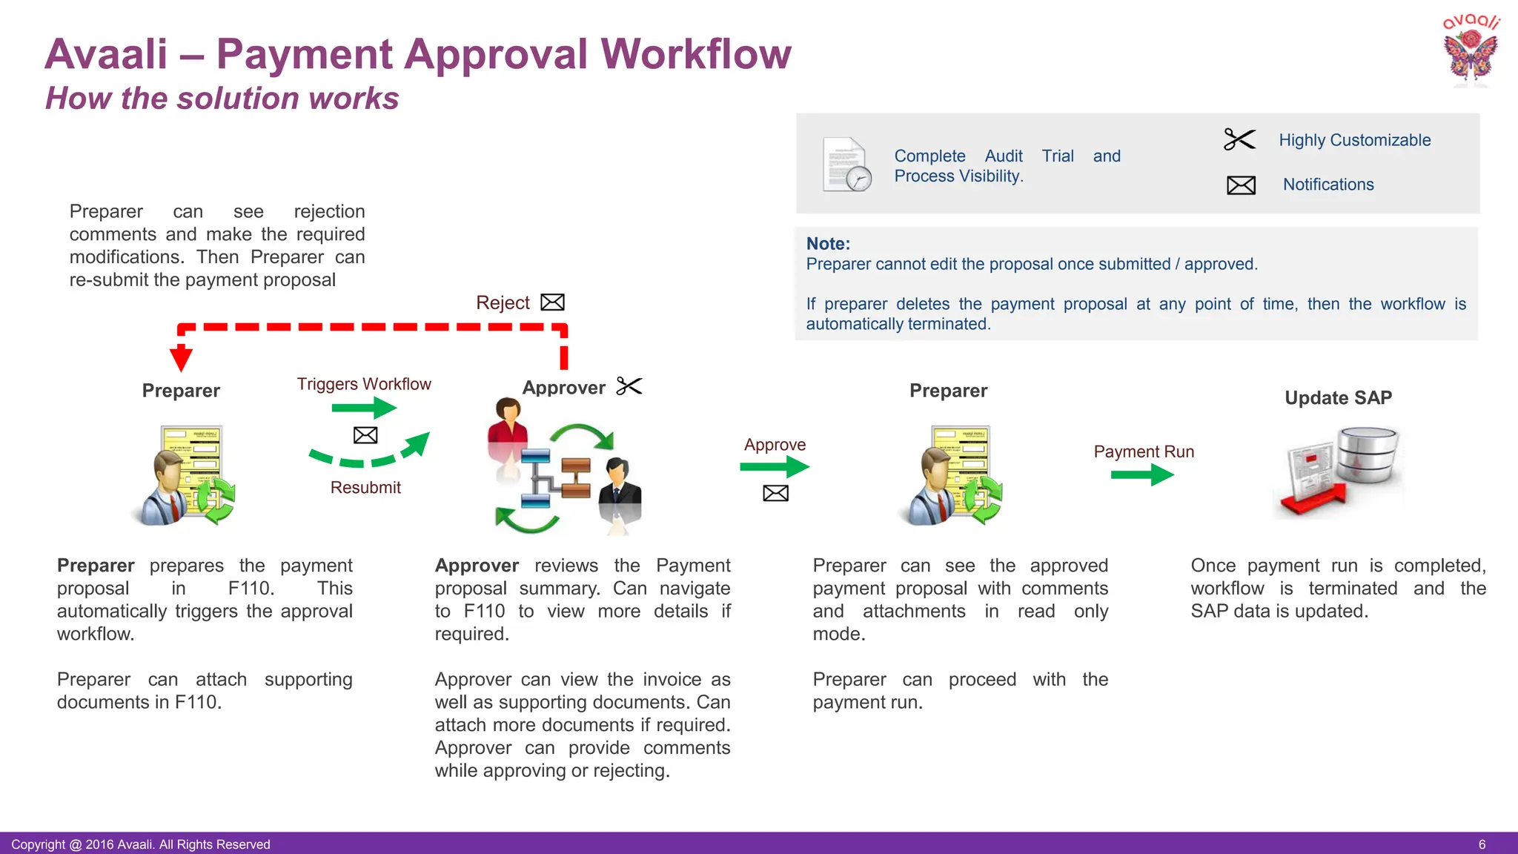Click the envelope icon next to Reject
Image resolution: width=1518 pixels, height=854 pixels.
pyautogui.click(x=552, y=302)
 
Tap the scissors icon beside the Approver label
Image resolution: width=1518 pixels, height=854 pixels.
pyautogui.click(x=629, y=386)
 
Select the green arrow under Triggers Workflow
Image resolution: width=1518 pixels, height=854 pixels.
pyautogui.click(x=364, y=408)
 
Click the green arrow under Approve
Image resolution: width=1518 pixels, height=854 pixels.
pyautogui.click(x=775, y=467)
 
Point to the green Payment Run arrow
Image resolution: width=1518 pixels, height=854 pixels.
pyautogui.click(x=1142, y=474)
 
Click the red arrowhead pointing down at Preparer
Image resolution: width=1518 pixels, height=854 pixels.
pyautogui.click(x=181, y=359)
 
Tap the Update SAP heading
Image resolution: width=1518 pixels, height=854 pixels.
pyautogui.click(x=1338, y=398)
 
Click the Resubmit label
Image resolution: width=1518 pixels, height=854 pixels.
pyautogui.click(x=365, y=488)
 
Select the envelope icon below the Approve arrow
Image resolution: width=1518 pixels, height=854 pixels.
pyautogui.click(x=775, y=494)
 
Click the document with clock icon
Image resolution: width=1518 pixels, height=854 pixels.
pyautogui.click(x=846, y=165)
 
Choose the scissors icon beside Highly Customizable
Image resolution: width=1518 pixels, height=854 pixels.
pyautogui.click(x=1239, y=139)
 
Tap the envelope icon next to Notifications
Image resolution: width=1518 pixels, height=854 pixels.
pyautogui.click(x=1241, y=185)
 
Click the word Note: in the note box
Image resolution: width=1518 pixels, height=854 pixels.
pyautogui.click(x=828, y=244)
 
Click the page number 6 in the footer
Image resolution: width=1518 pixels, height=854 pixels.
pyautogui.click(x=1482, y=844)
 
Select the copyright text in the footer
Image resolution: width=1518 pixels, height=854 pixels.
pyautogui.click(x=141, y=844)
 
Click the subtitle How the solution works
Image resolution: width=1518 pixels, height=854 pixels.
pyautogui.click(x=222, y=99)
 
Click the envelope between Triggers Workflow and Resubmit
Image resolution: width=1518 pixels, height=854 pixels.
pyautogui.click(x=365, y=435)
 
